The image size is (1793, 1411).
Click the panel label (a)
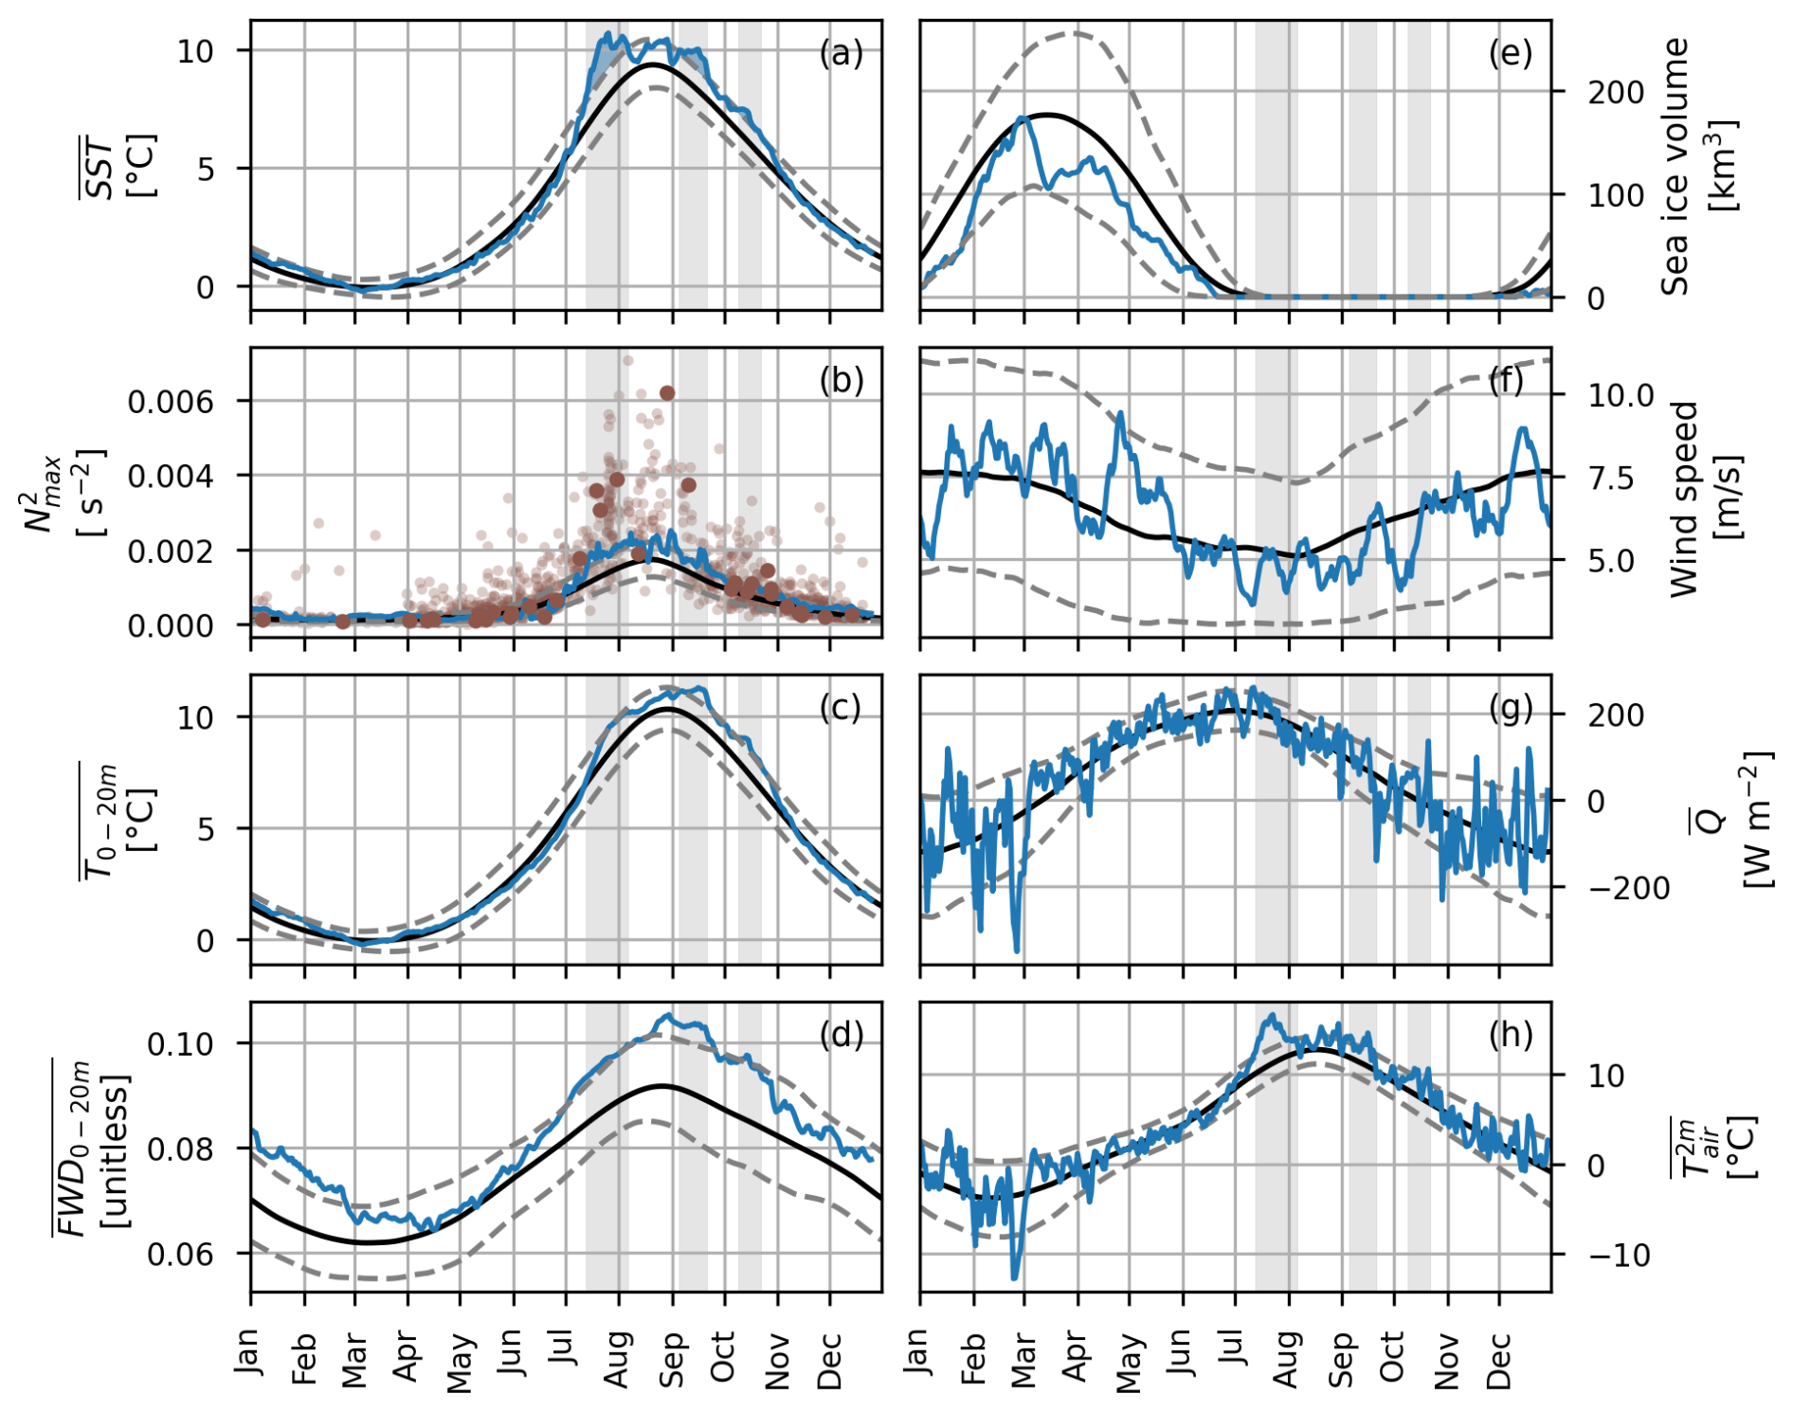(841, 54)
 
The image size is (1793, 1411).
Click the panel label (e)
(1510, 54)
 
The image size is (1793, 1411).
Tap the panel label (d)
(841, 1036)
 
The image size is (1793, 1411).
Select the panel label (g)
(1510, 708)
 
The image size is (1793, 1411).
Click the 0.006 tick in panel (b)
(171, 402)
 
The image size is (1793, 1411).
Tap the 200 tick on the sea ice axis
(1616, 93)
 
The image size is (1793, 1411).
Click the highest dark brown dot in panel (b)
(667, 393)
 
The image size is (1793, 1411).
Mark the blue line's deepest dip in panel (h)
(1015, 1278)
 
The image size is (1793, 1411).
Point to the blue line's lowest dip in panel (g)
(1017, 950)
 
